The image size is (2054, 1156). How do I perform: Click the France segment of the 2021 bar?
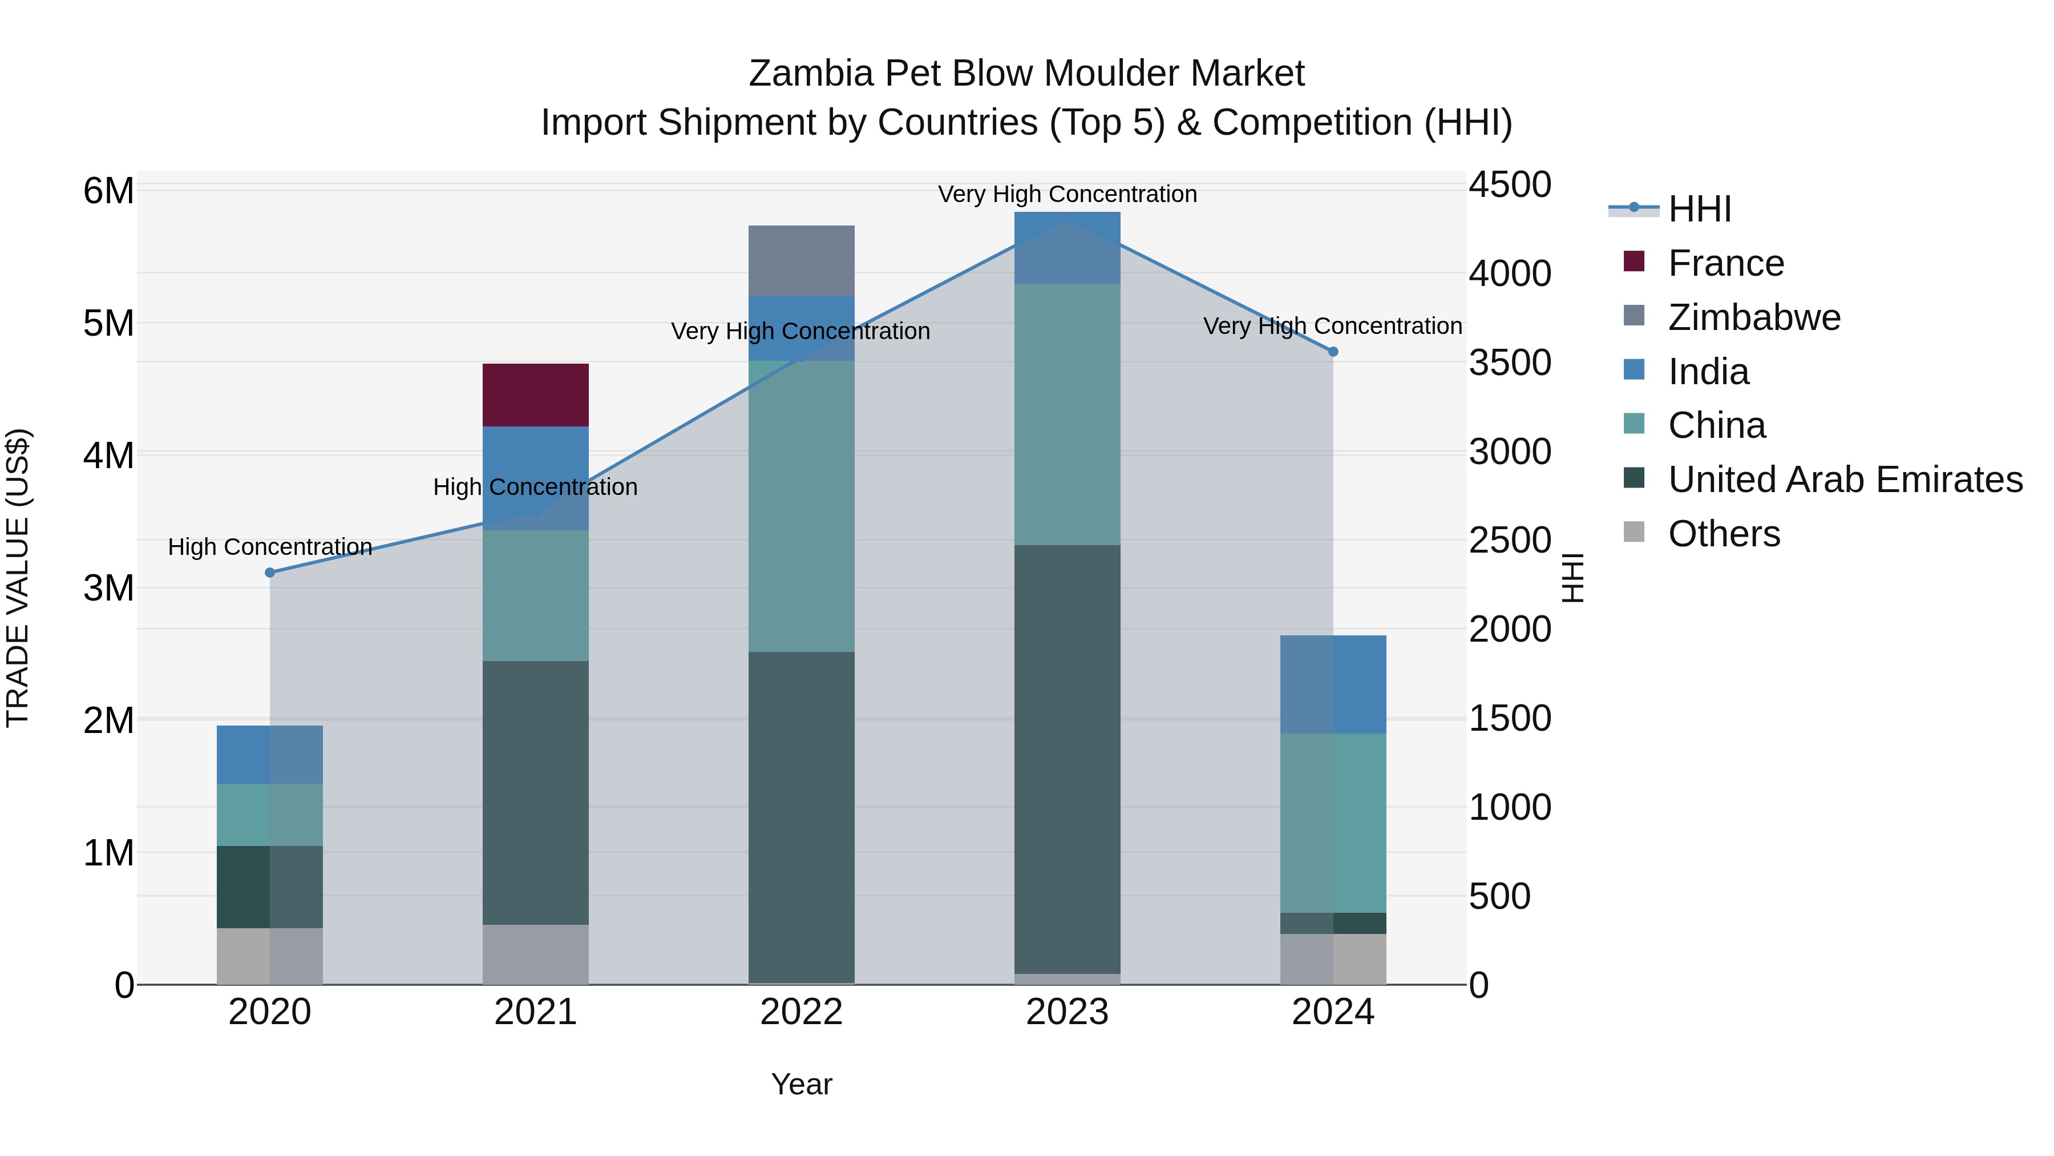pyautogui.click(x=535, y=395)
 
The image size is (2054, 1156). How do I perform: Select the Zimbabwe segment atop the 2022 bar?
pyautogui.click(x=802, y=260)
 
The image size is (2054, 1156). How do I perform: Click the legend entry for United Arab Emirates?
pyautogui.click(x=1845, y=480)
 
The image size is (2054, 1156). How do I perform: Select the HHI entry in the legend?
pyautogui.click(x=1699, y=209)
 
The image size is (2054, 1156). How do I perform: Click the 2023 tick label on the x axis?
pyautogui.click(x=1067, y=1012)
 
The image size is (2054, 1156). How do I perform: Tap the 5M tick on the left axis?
pyautogui.click(x=108, y=323)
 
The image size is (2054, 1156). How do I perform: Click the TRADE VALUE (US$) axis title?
pyautogui.click(x=18, y=578)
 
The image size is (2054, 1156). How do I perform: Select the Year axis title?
pyautogui.click(x=802, y=1084)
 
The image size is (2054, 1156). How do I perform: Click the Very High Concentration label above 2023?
pyautogui.click(x=1067, y=194)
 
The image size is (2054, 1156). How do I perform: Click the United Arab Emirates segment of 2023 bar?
pyautogui.click(x=1067, y=758)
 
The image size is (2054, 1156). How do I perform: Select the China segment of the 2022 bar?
pyautogui.click(x=802, y=506)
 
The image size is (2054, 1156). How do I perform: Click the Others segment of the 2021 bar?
pyautogui.click(x=535, y=953)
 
